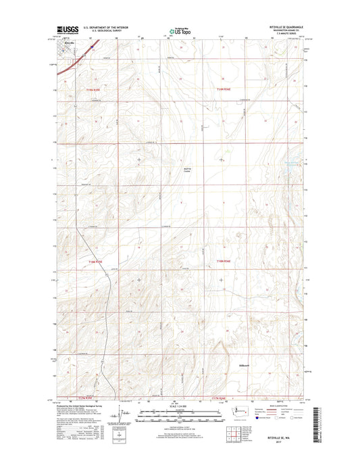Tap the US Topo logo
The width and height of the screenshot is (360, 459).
179,30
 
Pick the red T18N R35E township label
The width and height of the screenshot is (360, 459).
97,260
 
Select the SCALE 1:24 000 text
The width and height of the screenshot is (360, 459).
180,406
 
